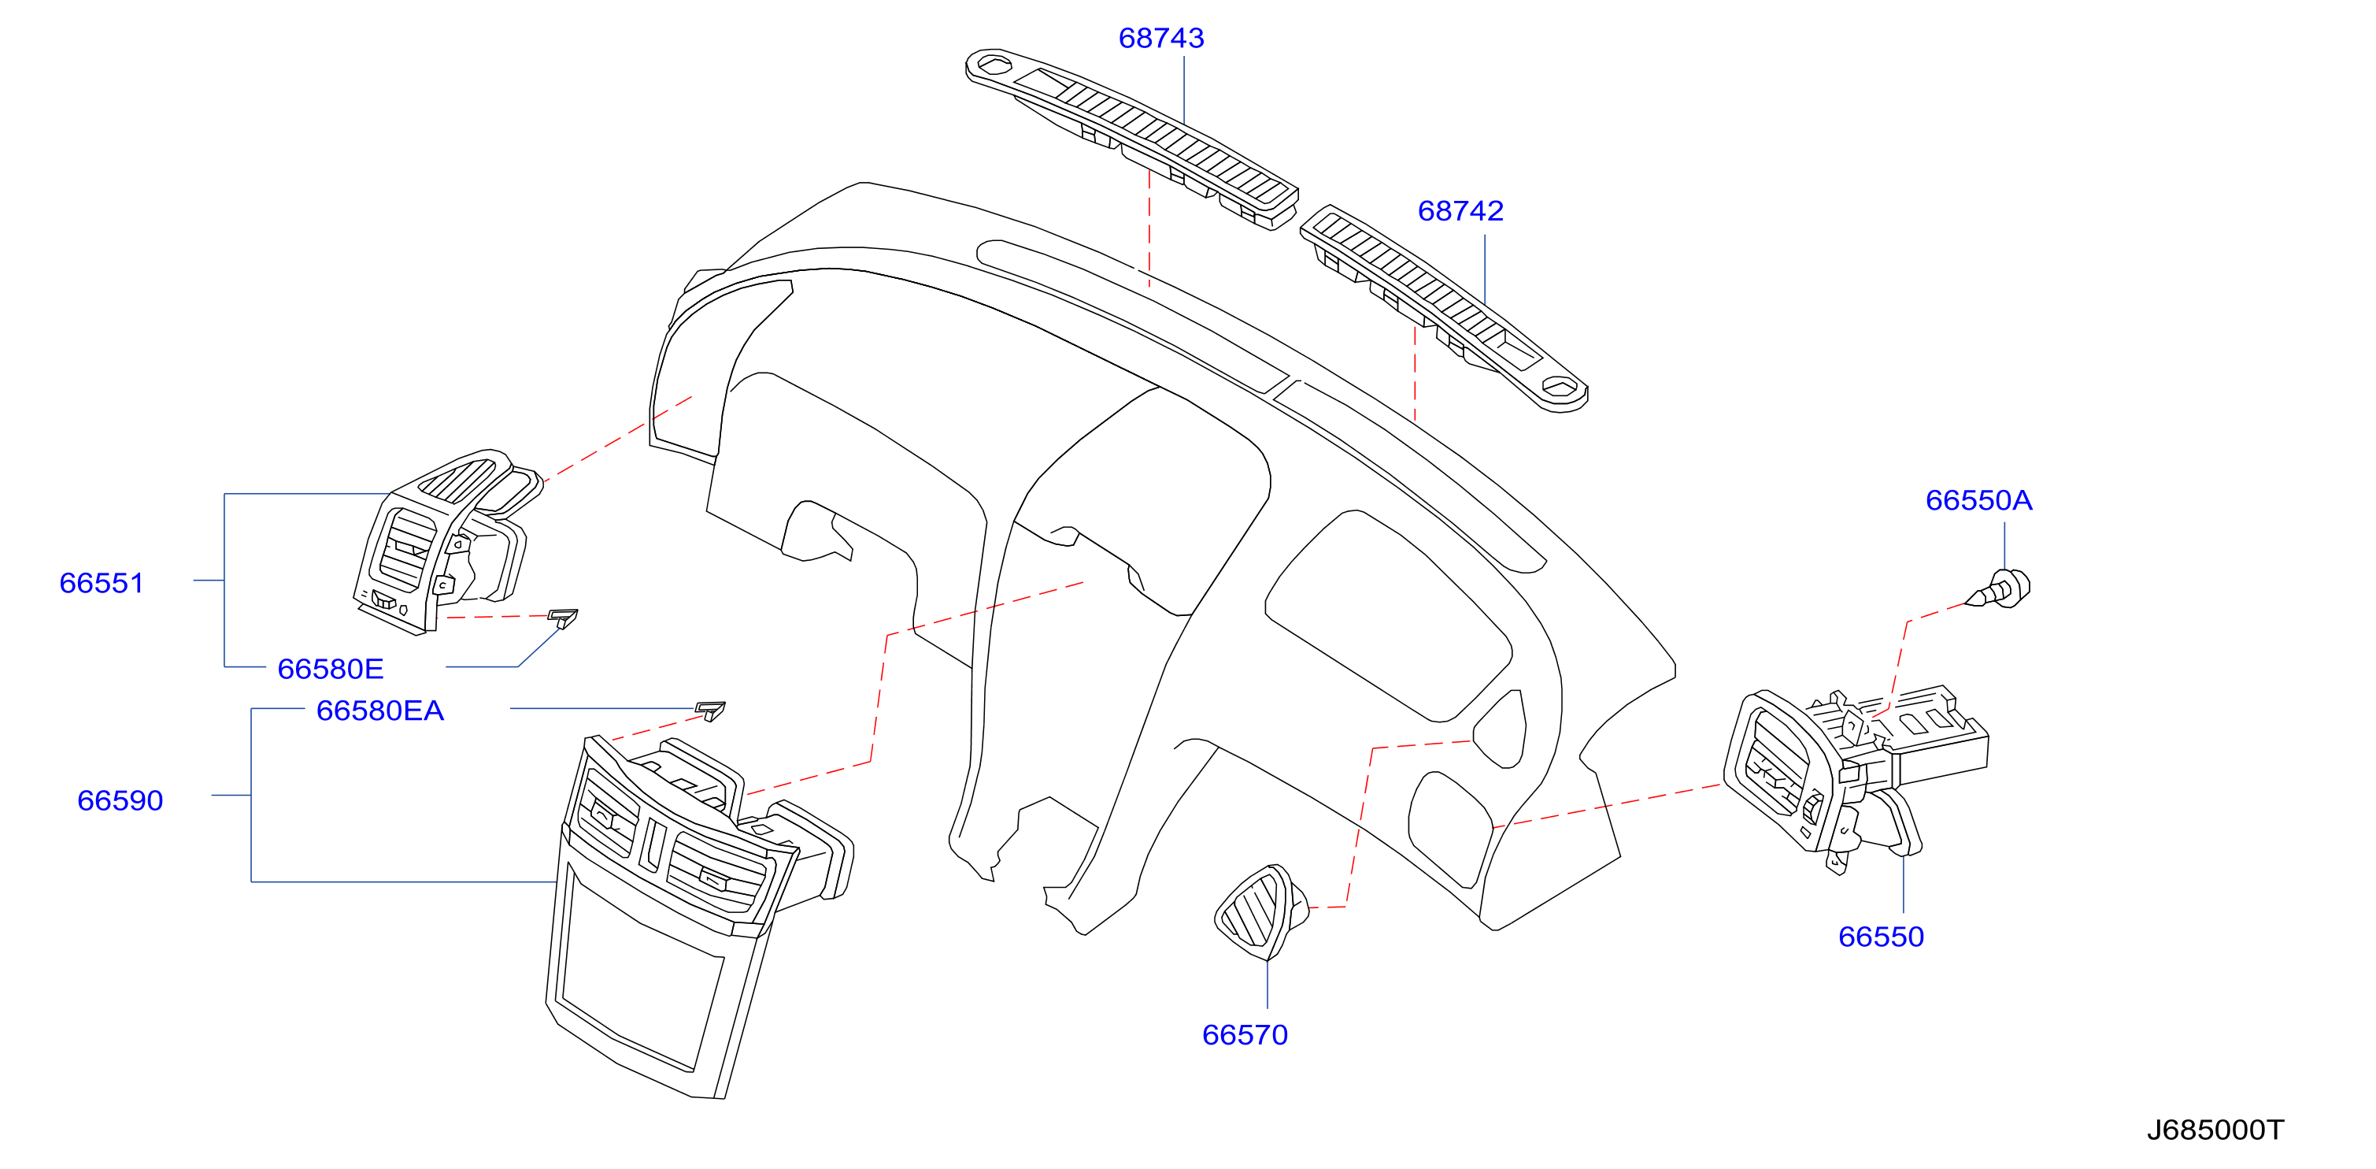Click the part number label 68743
pos(1161,38)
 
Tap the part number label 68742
pos(1460,211)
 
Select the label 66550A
pos(1978,500)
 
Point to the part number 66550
pos(1881,937)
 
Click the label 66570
pos(1244,1034)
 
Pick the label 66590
pos(120,800)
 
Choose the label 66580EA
pos(380,711)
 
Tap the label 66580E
pos(330,669)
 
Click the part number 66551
pos(102,583)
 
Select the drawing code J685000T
pos(2215,1130)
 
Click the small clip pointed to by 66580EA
pos(710,711)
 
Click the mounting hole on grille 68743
pos(994,65)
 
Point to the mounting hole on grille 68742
pos(1559,388)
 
